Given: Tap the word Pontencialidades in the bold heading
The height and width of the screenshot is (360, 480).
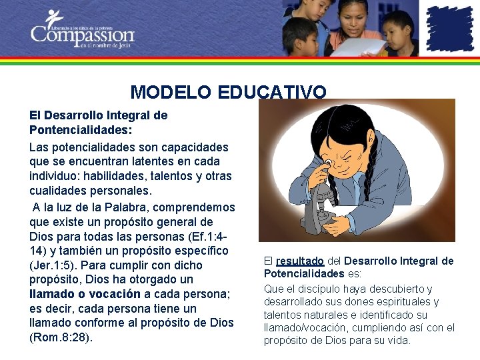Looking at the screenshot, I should (x=71, y=130).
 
